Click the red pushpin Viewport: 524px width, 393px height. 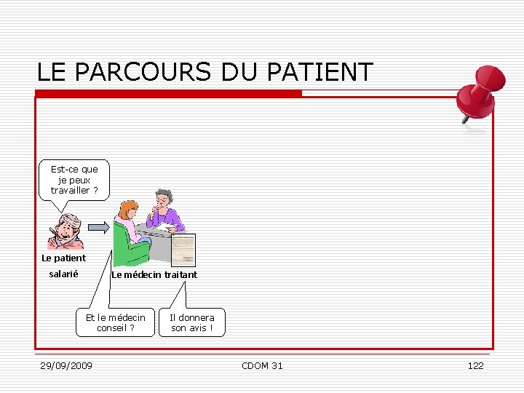(x=476, y=95)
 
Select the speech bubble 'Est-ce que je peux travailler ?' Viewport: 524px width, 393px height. (x=74, y=180)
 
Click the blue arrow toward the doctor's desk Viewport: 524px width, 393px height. (x=100, y=227)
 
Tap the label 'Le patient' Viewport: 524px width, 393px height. (x=63, y=258)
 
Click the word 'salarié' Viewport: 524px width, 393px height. (x=63, y=274)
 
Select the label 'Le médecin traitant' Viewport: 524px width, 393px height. (x=154, y=274)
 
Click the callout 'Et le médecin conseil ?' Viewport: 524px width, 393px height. (x=116, y=322)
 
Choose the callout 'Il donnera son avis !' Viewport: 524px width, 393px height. (x=192, y=322)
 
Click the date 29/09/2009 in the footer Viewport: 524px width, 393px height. (x=66, y=365)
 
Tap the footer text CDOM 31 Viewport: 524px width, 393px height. (x=262, y=365)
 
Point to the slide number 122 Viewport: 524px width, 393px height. (x=475, y=365)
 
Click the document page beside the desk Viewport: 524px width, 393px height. (x=183, y=250)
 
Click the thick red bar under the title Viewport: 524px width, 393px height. (x=168, y=93)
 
